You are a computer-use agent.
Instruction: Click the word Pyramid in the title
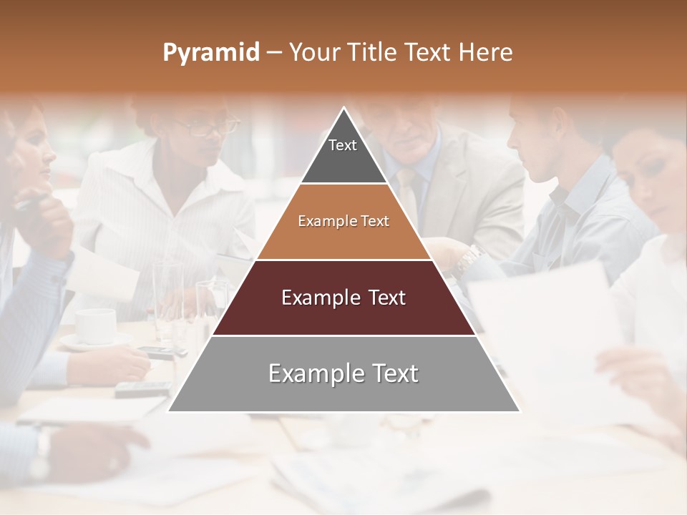pos(210,53)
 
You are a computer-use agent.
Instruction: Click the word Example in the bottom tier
pos(309,373)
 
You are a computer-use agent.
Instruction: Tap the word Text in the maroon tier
pos(383,298)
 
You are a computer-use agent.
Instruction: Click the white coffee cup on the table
pos(95,325)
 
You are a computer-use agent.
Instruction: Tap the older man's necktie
pos(408,193)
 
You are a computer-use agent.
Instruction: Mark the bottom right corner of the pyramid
pos(520,411)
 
